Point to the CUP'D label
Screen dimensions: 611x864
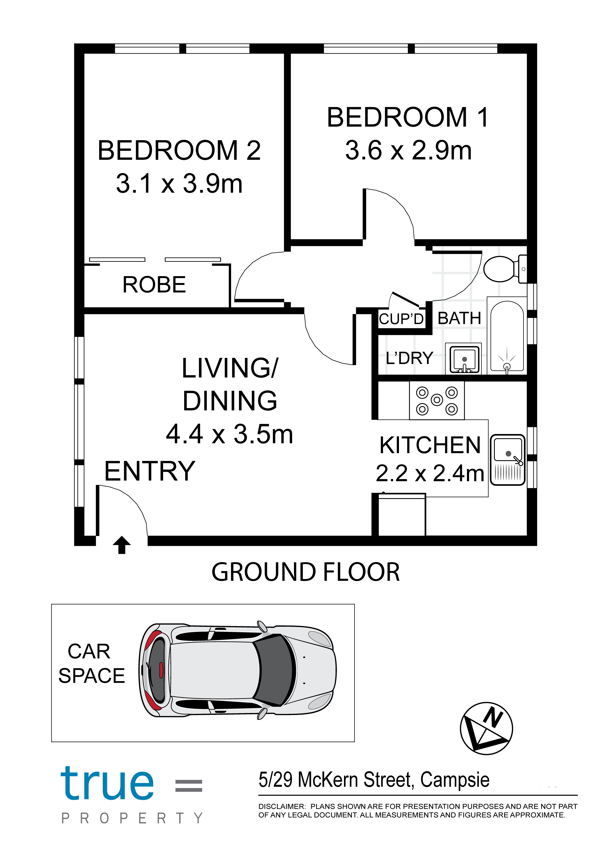point(401,319)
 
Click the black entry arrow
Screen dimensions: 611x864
point(122,545)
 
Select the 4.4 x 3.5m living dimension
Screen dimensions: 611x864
point(229,434)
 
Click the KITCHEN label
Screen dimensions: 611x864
point(430,445)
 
